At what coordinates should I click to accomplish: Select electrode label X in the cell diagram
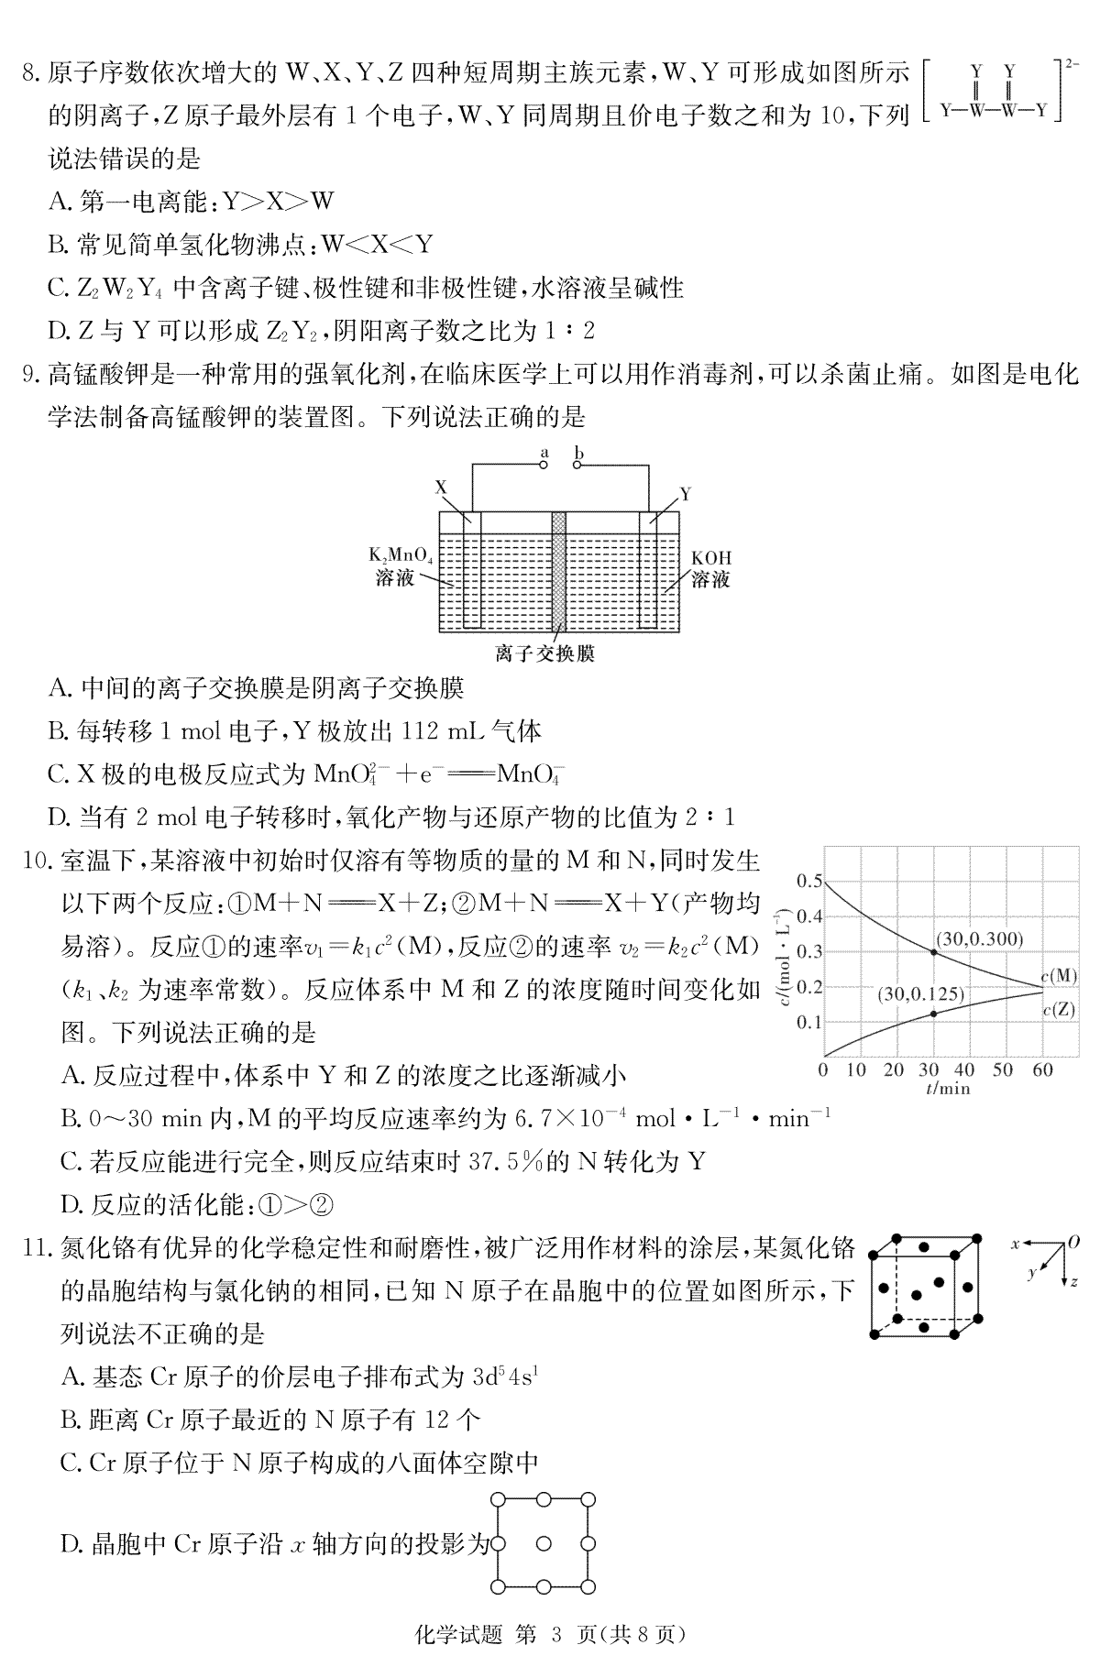pos(441,488)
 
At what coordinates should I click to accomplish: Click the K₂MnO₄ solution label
pos(401,556)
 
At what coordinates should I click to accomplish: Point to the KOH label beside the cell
pos(711,558)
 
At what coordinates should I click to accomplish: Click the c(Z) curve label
pos(1059,1010)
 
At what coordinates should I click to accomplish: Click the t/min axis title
pos(947,1089)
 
